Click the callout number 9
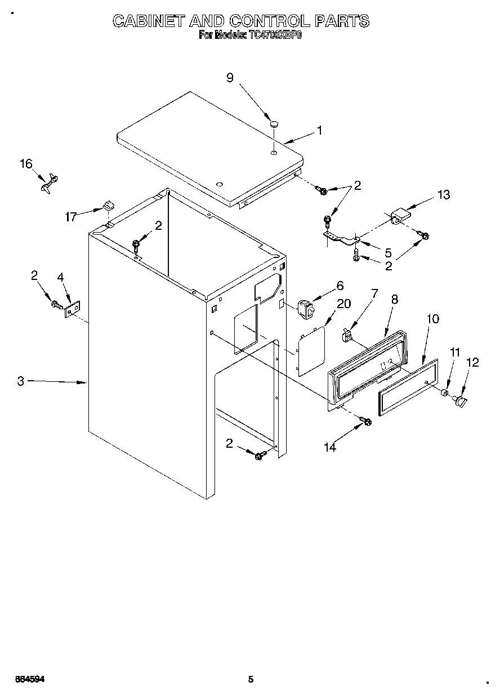click(x=230, y=78)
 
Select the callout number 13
click(x=444, y=195)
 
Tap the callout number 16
click(x=26, y=164)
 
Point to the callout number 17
click(x=70, y=216)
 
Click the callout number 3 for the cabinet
click(x=20, y=381)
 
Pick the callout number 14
click(x=330, y=447)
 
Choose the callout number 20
click(x=343, y=304)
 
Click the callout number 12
click(x=472, y=363)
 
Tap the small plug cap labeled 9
click(x=274, y=123)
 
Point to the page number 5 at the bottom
click(x=251, y=679)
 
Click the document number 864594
click(x=29, y=679)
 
